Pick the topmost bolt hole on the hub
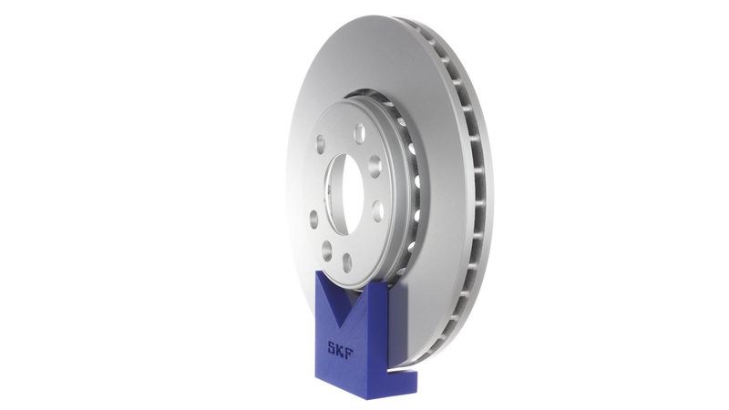pyautogui.click(x=359, y=133)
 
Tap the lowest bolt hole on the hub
pyautogui.click(x=347, y=262)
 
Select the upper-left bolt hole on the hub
pyautogui.click(x=321, y=144)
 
